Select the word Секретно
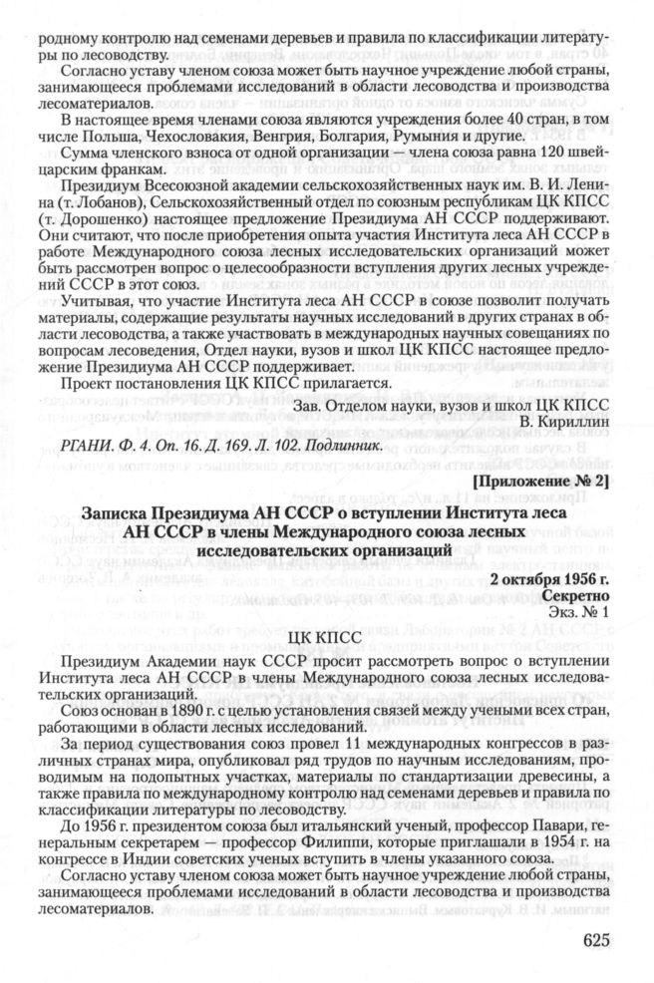tap(574, 594)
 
